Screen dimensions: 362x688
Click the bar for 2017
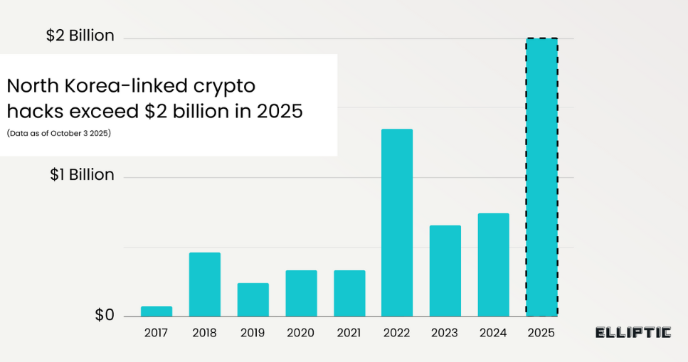[x=157, y=312]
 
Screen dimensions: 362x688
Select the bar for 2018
[x=205, y=284]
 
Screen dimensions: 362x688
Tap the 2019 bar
[x=253, y=299]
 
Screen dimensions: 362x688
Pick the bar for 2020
[x=301, y=293]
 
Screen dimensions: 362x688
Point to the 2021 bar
[x=349, y=293]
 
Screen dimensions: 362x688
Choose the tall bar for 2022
[x=397, y=223]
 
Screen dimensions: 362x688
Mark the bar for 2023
[x=445, y=271]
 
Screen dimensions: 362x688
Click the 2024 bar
[x=494, y=265]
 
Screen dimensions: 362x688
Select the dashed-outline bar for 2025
[x=541, y=177]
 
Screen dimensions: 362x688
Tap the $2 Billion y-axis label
[x=80, y=36]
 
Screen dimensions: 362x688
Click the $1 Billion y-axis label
[x=82, y=175]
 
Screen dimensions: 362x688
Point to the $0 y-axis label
[x=104, y=315]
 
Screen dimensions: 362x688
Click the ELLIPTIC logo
[x=633, y=332]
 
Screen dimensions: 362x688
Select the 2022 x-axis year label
[x=397, y=333]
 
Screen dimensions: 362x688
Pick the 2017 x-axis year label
[x=157, y=333]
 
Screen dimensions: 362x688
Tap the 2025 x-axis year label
[x=541, y=333]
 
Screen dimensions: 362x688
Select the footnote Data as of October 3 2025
[x=59, y=134]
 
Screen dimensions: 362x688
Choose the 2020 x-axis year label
[x=301, y=333]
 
